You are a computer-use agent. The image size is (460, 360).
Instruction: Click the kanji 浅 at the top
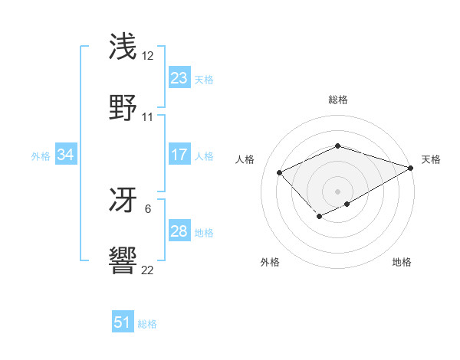point(123,46)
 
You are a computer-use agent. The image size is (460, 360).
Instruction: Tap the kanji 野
point(123,107)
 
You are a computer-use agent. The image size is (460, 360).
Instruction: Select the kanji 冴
point(123,199)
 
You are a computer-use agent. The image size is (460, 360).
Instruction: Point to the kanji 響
point(123,260)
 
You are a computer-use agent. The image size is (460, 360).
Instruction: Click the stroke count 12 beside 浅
point(148,56)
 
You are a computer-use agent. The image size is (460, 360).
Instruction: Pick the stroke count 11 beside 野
point(148,117)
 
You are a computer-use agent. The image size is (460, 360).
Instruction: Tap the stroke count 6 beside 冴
point(148,208)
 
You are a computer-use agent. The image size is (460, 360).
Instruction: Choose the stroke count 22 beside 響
point(148,270)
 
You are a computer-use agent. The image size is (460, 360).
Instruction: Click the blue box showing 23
point(179,77)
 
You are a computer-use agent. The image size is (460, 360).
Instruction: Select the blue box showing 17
point(179,155)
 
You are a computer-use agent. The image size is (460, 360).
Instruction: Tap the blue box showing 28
point(179,231)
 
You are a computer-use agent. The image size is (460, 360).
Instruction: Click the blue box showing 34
point(65,155)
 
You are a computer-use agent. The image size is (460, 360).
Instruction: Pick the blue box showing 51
point(122,322)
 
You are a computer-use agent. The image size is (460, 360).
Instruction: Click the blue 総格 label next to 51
point(147,324)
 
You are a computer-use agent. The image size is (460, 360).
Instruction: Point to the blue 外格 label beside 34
point(41,156)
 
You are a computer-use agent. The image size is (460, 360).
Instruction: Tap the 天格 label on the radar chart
point(431,159)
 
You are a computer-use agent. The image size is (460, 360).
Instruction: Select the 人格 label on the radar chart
point(245,159)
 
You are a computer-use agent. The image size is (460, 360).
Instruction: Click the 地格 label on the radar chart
point(402,262)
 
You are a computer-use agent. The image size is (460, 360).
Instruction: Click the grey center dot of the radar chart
point(337,191)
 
